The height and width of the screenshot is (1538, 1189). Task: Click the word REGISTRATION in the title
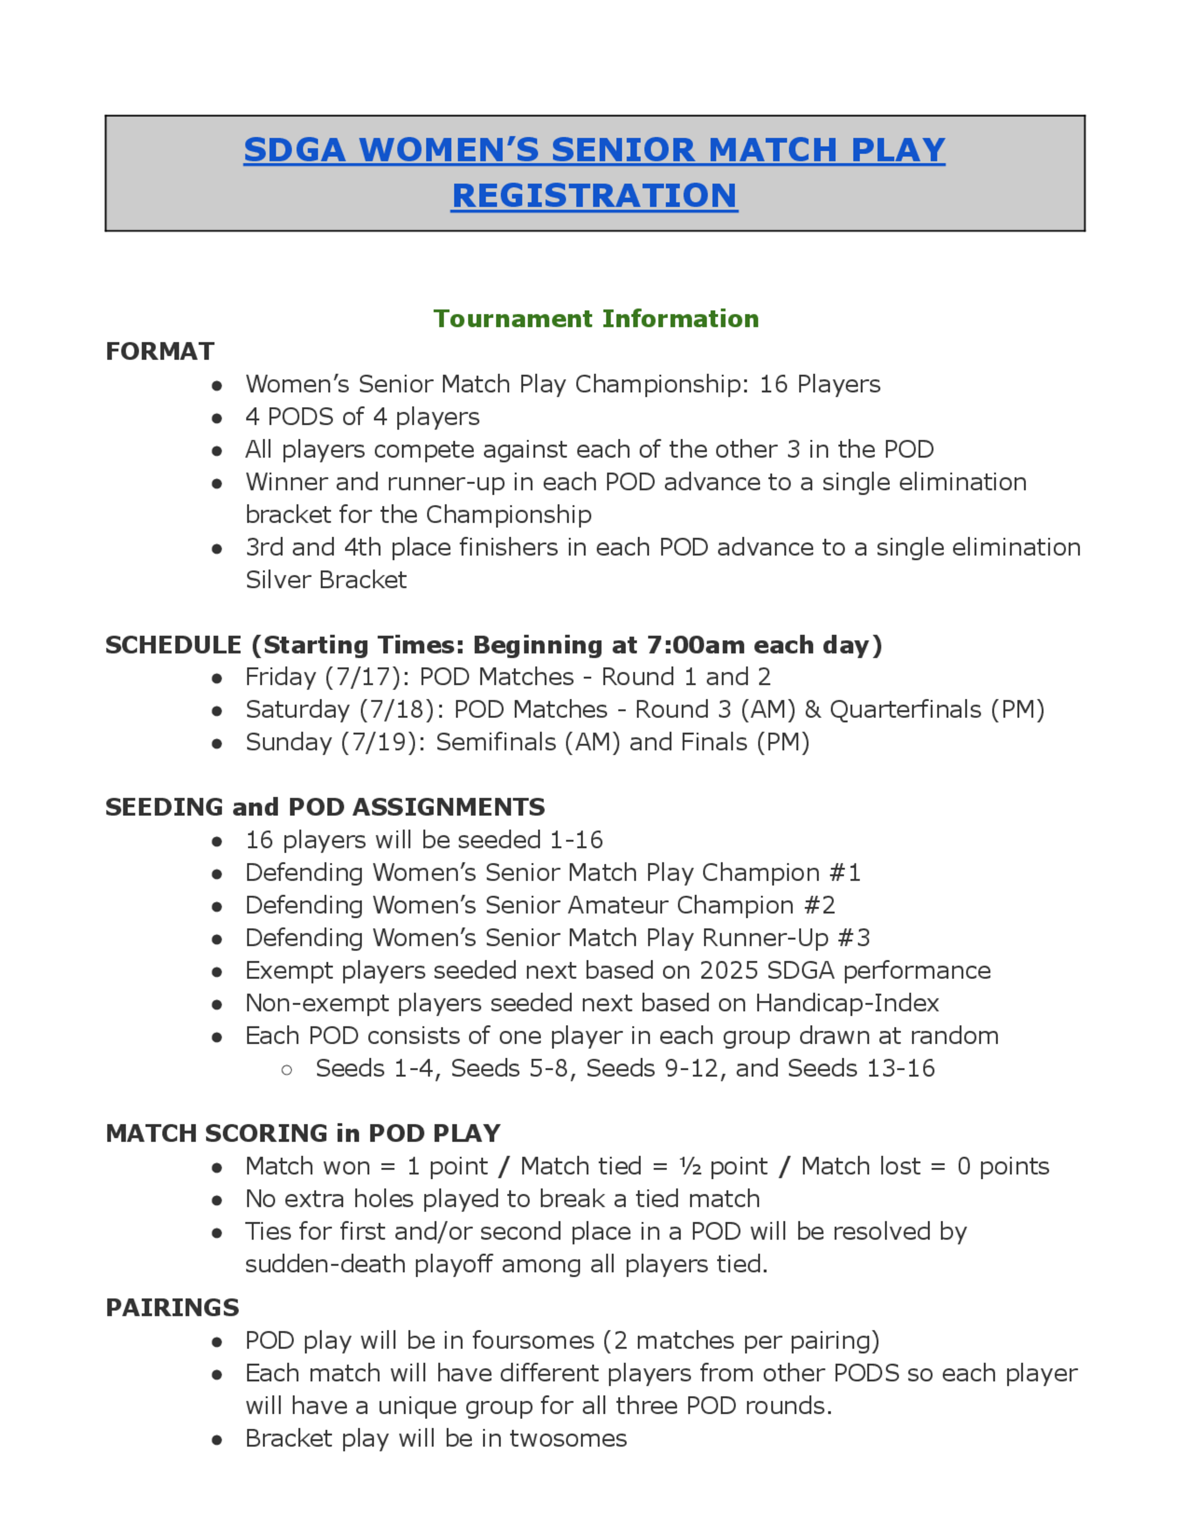[594, 195]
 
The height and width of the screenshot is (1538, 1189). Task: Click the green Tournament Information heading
[596, 319]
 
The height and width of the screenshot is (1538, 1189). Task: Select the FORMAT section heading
[160, 351]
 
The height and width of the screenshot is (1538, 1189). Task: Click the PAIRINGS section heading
[172, 1308]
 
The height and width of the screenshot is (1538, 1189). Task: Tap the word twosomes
[568, 1439]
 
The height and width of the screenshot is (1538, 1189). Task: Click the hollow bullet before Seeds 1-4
[287, 1070]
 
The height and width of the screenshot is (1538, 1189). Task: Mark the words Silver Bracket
[325, 579]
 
